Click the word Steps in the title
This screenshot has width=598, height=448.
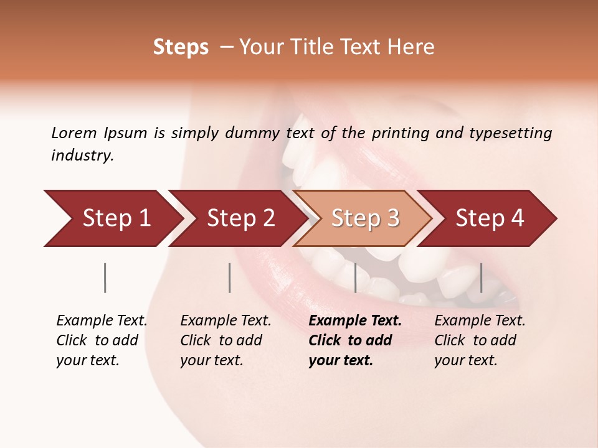[x=181, y=47]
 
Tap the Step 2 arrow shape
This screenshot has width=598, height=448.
[x=240, y=218]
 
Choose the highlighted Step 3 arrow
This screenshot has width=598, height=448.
[x=364, y=218]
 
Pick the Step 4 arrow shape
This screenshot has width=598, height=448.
[x=490, y=218]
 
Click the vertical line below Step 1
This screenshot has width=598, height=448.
[x=105, y=278]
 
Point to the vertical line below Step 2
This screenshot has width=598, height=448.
[x=230, y=278]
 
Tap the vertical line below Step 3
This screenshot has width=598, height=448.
[x=356, y=278]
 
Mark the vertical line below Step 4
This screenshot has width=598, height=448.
[x=481, y=278]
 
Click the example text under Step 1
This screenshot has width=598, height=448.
[x=102, y=340]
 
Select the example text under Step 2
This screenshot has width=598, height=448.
[x=225, y=340]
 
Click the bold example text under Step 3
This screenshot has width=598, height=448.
[x=354, y=340]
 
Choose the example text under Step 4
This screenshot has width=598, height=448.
[x=480, y=340]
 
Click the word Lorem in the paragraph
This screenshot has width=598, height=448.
[x=74, y=133]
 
